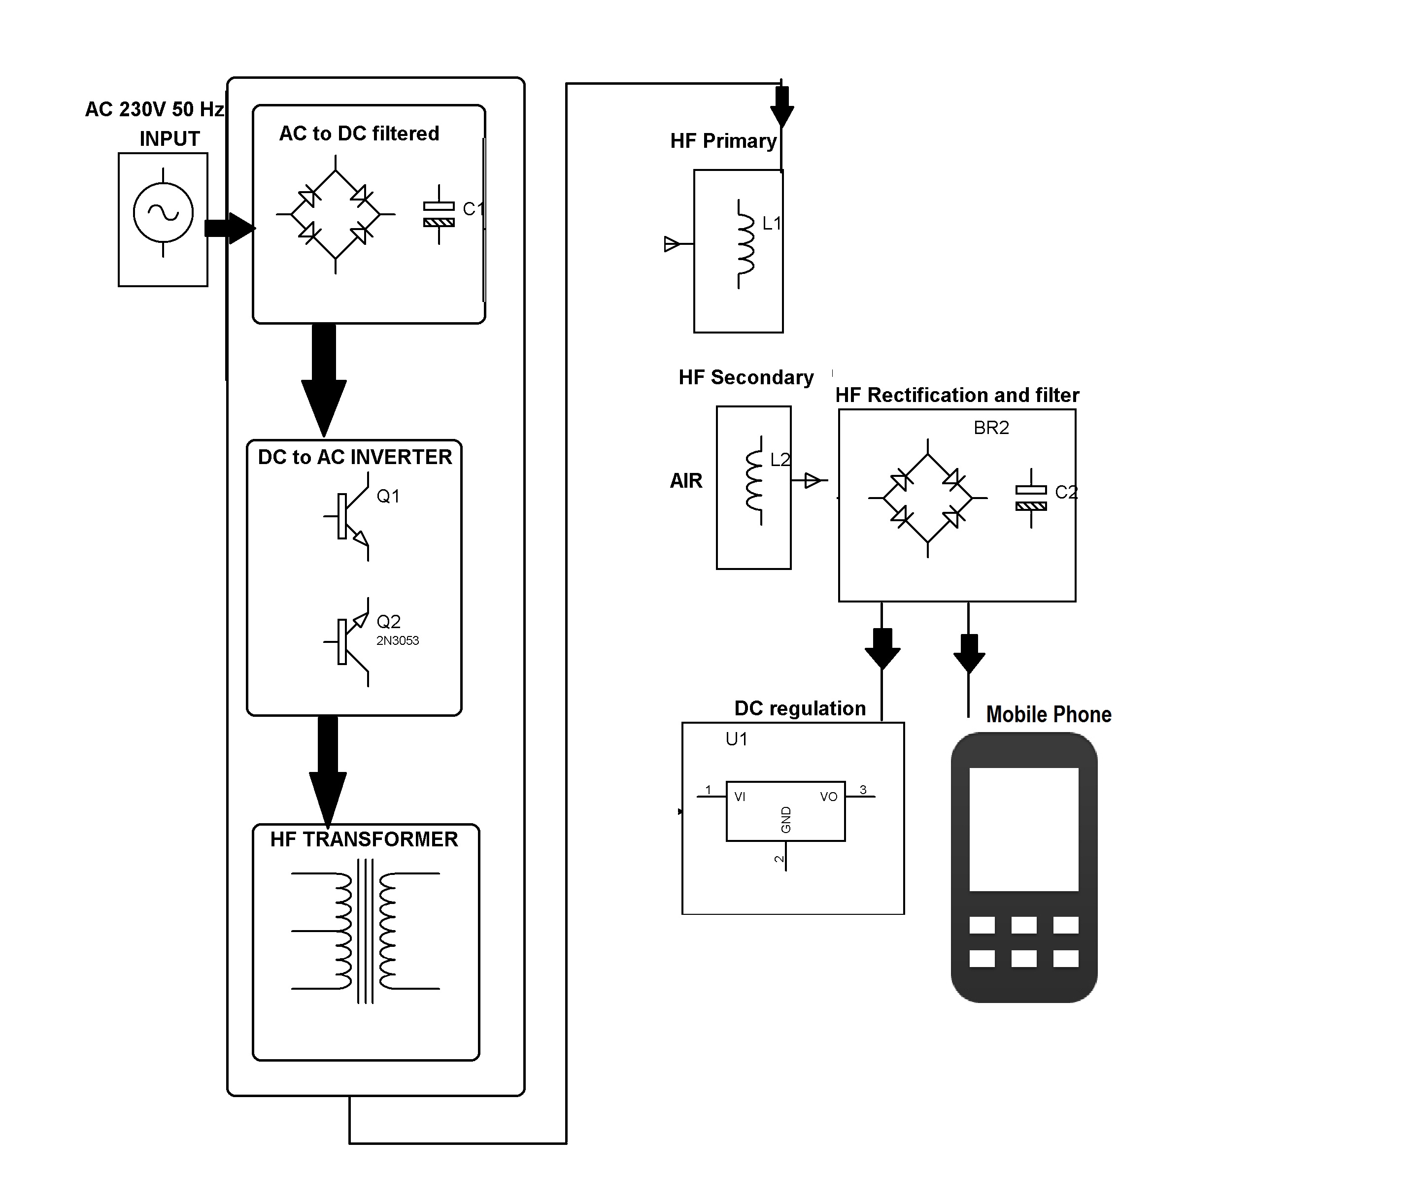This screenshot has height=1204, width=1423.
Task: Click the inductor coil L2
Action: (x=755, y=482)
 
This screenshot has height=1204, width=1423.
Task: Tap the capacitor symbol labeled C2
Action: (x=1031, y=498)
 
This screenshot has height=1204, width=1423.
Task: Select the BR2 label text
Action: (x=991, y=428)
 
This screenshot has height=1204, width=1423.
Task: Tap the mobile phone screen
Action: (x=1024, y=829)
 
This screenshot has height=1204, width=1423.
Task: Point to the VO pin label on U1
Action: (x=829, y=797)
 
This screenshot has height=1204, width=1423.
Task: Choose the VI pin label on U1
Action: (x=740, y=797)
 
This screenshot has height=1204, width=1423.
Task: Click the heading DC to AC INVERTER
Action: (x=355, y=457)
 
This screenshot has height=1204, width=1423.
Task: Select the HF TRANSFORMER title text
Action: (x=364, y=839)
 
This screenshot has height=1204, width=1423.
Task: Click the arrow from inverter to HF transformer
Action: (x=328, y=771)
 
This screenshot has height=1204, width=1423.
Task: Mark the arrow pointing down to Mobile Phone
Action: (x=969, y=654)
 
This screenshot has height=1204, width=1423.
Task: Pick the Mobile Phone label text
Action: (x=1049, y=715)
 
